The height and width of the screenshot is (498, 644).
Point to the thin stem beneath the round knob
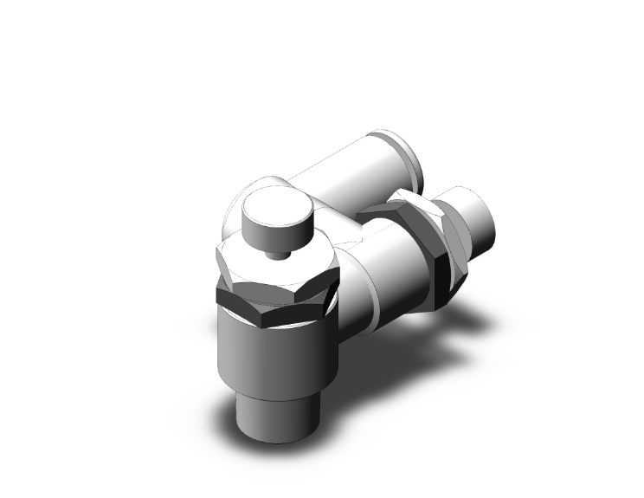(276, 253)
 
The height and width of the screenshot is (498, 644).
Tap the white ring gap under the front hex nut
(294, 322)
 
